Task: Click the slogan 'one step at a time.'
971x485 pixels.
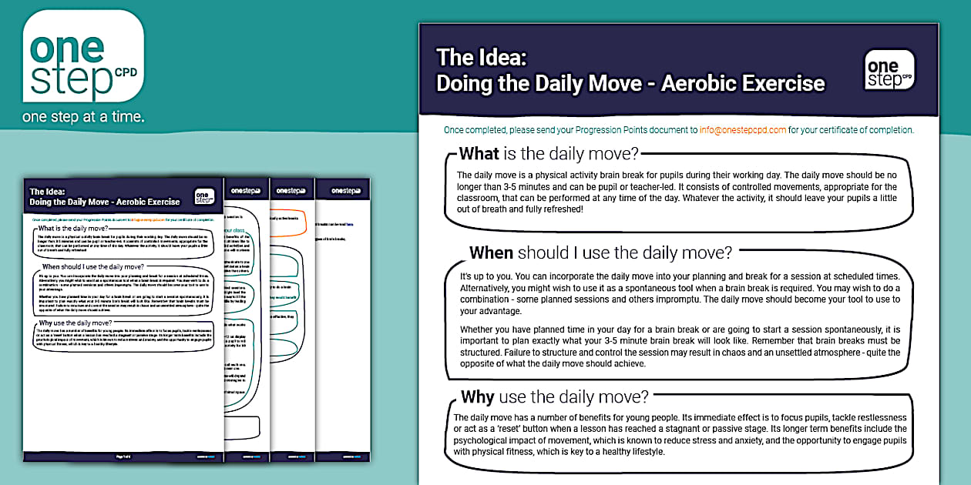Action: [84, 117]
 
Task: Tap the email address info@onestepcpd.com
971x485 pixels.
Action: [743, 130]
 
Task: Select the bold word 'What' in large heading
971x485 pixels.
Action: [479, 153]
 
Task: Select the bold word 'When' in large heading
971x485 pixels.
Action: [491, 253]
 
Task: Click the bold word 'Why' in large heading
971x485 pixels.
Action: [478, 397]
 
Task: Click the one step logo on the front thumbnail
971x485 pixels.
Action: [204, 196]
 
